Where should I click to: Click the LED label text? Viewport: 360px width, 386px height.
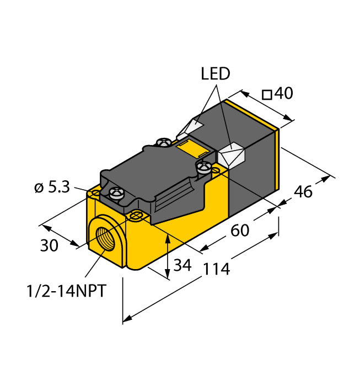click(216, 74)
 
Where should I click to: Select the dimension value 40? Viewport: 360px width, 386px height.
click(283, 94)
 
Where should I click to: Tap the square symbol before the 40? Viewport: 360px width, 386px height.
click(267, 95)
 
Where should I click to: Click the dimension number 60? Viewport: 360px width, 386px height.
click(240, 230)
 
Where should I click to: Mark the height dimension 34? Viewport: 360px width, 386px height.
click(182, 265)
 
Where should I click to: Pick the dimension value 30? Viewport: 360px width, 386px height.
click(49, 246)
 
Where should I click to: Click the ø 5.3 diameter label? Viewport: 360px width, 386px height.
click(51, 187)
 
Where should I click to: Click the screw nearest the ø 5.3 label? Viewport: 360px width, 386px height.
click(116, 193)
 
